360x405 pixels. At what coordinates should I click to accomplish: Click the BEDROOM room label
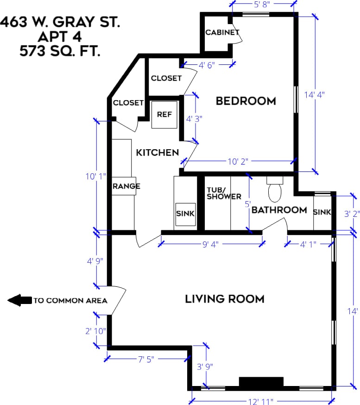(x=246, y=101)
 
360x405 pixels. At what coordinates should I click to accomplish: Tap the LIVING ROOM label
(x=225, y=299)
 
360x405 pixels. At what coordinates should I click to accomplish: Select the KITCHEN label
(x=157, y=152)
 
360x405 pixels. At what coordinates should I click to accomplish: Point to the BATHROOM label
(x=279, y=210)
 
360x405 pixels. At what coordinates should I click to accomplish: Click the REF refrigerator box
(x=164, y=114)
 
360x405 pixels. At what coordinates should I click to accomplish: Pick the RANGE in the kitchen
(x=124, y=186)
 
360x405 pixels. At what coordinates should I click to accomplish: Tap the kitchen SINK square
(x=185, y=215)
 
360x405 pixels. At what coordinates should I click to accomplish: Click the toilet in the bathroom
(x=275, y=190)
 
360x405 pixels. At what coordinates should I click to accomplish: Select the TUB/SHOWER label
(x=224, y=193)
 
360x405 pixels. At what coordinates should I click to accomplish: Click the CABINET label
(x=222, y=32)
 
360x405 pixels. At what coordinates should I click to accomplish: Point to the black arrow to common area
(x=19, y=300)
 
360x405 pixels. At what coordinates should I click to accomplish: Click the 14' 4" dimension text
(x=314, y=95)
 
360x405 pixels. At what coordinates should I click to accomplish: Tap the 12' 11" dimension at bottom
(x=260, y=401)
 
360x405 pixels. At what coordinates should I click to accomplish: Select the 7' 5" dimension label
(x=146, y=359)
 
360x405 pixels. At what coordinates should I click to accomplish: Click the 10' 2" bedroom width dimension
(x=238, y=162)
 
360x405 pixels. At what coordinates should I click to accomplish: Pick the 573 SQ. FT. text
(x=60, y=51)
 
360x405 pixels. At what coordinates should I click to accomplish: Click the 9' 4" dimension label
(x=210, y=244)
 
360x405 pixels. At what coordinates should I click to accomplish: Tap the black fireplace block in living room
(x=261, y=382)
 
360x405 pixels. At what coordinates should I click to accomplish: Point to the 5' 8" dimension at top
(x=262, y=4)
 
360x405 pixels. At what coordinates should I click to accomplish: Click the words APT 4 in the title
(x=60, y=37)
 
